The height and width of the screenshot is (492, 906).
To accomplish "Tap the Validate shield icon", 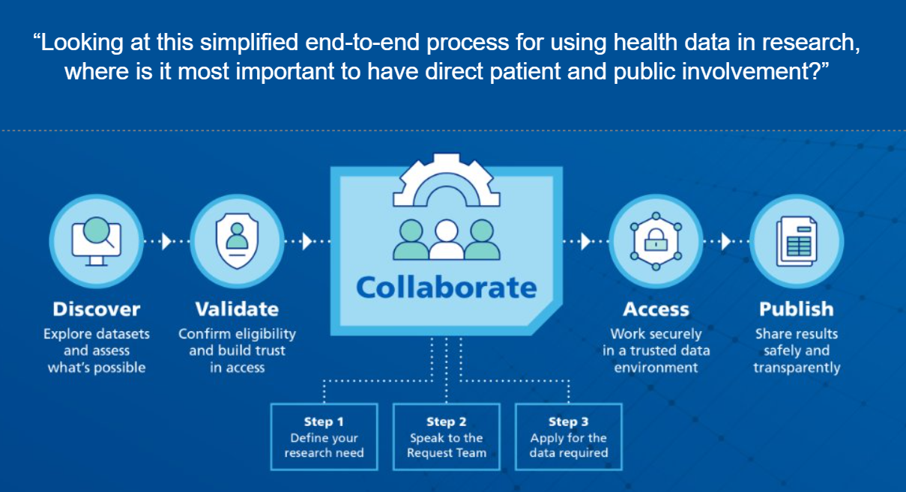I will pyautogui.click(x=237, y=240).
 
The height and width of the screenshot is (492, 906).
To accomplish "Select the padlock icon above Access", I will pyautogui.click(x=655, y=240).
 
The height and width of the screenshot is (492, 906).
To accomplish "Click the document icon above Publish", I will pyautogui.click(x=797, y=240).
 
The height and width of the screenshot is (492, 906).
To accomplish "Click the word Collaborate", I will pyautogui.click(x=446, y=288).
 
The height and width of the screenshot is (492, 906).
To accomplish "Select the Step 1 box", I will pyautogui.click(x=324, y=437).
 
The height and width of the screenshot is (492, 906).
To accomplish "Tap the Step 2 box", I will pyautogui.click(x=446, y=437).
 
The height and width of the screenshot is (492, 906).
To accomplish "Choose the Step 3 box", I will pyautogui.click(x=568, y=437).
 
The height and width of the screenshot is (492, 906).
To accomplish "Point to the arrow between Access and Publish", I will pyautogui.click(x=725, y=241).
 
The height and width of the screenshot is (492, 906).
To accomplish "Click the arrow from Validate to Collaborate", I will pyautogui.click(x=307, y=241).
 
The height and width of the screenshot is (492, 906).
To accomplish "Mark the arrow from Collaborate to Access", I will pyautogui.click(x=585, y=241).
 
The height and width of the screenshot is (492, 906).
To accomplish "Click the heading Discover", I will pyautogui.click(x=96, y=309).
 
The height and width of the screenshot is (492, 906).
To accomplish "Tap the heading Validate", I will pyautogui.click(x=237, y=309).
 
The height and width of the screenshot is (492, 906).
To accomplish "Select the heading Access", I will pyautogui.click(x=656, y=309).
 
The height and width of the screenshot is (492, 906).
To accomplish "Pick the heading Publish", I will pyautogui.click(x=796, y=309).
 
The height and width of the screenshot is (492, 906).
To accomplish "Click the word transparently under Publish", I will pyautogui.click(x=797, y=368).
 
